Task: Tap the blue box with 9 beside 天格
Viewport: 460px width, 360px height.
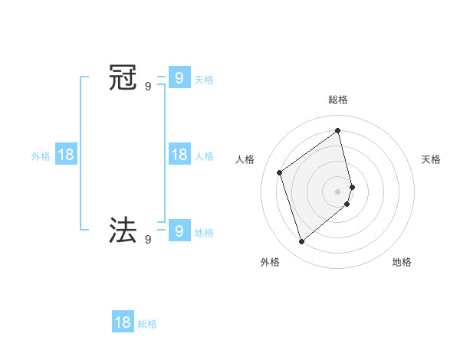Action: point(179,77)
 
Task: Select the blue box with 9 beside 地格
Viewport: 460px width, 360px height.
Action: point(179,229)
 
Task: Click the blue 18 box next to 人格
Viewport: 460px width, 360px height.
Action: point(179,154)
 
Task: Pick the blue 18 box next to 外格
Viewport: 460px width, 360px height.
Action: point(66,154)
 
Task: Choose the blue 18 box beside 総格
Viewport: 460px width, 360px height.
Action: point(123,322)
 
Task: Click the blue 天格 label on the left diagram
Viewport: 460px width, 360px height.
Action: point(204,79)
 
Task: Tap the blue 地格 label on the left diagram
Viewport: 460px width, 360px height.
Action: point(204,233)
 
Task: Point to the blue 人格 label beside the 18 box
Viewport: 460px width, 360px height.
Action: point(204,156)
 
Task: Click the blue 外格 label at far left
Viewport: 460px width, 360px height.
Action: point(41,156)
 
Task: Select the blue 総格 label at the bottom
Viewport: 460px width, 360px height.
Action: point(147,325)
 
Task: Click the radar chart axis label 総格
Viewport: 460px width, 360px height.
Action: point(338,100)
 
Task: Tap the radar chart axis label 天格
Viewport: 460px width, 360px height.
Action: point(432,159)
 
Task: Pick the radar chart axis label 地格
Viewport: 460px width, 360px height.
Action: point(402,262)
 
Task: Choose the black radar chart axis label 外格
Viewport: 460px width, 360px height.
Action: point(270,262)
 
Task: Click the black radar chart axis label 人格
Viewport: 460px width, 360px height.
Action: point(245,159)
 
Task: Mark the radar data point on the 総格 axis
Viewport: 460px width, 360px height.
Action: point(338,131)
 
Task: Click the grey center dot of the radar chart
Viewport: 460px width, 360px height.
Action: point(338,191)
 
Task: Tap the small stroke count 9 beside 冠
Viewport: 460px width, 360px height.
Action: point(148,87)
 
